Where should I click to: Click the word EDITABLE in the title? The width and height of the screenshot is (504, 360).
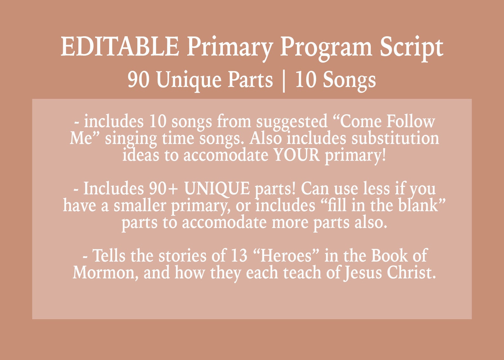click(120, 47)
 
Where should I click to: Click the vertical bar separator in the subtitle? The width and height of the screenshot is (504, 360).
click(284, 81)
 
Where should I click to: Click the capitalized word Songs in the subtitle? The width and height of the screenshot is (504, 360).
click(349, 80)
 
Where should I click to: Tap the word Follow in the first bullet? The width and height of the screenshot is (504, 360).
click(411, 121)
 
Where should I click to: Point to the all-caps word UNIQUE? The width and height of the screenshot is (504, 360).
click(217, 189)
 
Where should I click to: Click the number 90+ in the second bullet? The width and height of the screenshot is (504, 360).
click(163, 189)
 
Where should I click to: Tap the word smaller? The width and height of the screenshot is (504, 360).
click(140, 205)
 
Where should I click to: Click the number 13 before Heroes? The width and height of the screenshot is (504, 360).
click(239, 256)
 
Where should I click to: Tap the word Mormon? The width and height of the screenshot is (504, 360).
click(105, 273)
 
